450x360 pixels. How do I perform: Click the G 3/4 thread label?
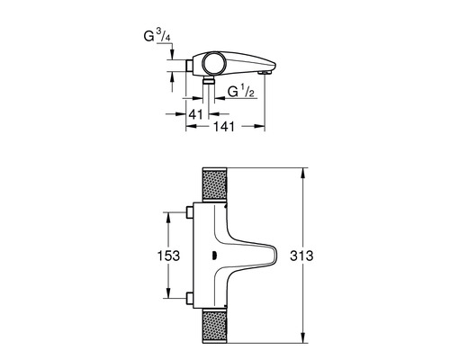click(x=157, y=36)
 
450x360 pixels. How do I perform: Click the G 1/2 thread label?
click(x=241, y=91)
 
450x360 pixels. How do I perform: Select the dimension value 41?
click(x=196, y=114)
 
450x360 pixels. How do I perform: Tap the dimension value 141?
click(x=223, y=126)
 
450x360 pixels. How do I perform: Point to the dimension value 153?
click(x=168, y=256)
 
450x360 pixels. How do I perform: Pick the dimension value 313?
click(x=301, y=256)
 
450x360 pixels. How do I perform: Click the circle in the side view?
click(x=213, y=63)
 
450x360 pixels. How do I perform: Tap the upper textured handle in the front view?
click(x=214, y=184)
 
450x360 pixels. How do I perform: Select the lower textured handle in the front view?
click(x=214, y=326)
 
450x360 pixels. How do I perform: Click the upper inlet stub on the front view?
click(x=190, y=212)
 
